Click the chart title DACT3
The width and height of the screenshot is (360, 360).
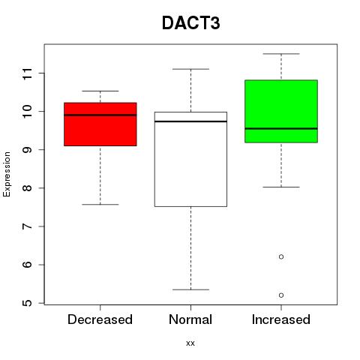(x=191, y=23)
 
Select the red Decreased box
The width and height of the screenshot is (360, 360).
(x=100, y=124)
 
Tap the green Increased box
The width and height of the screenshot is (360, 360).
(x=281, y=112)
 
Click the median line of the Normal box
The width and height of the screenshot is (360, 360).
(x=190, y=121)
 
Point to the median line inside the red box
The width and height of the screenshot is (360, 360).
(x=100, y=115)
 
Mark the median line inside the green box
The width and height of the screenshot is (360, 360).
(x=281, y=128)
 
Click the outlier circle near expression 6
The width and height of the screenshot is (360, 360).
(x=281, y=256)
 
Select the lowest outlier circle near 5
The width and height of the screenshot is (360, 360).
(x=281, y=295)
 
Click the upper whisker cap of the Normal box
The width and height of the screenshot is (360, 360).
(x=190, y=69)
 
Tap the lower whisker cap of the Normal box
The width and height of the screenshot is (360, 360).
(x=190, y=289)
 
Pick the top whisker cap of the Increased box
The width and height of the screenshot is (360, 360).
(x=281, y=54)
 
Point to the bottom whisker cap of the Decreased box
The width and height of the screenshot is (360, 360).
(x=100, y=205)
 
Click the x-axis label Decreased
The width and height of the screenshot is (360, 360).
(x=100, y=319)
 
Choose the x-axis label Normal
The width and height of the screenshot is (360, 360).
(x=190, y=319)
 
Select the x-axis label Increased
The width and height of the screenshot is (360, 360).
(x=281, y=319)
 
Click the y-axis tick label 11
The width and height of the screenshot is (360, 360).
(x=28, y=73)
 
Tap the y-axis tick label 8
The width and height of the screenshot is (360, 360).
(x=28, y=188)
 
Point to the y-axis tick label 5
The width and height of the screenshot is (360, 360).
(x=28, y=303)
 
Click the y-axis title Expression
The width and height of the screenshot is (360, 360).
(x=7, y=175)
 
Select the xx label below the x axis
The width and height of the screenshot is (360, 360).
(x=190, y=343)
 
